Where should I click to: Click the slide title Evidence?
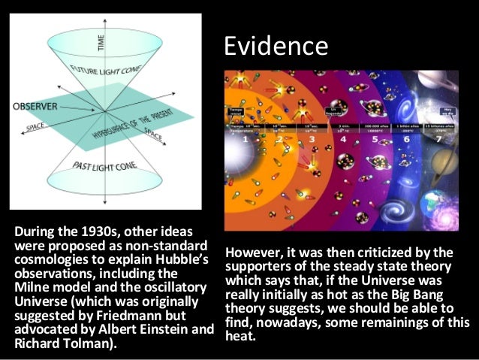(276, 47)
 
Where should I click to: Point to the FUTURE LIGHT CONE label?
(107, 80)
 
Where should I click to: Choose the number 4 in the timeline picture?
(343, 140)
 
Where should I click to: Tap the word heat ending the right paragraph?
(240, 334)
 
